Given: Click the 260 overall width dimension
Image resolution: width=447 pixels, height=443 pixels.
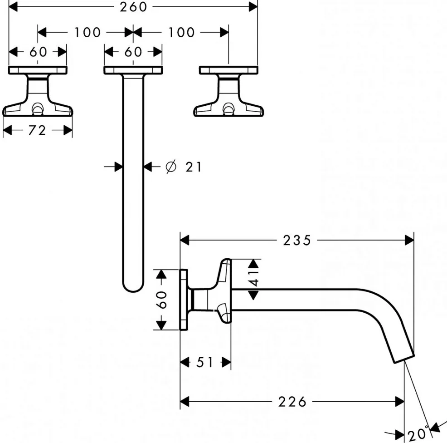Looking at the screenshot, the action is tap(133, 7).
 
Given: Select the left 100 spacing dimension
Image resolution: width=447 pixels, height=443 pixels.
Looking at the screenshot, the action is tap(87, 32).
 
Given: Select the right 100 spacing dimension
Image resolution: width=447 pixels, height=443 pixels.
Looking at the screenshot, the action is tap(182, 32).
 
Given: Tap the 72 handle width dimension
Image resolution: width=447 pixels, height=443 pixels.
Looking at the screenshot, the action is tap(37, 130).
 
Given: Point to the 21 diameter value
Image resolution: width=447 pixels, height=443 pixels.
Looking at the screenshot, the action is tap(194, 167).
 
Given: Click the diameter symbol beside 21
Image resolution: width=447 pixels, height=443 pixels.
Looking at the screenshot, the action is tap(171, 167).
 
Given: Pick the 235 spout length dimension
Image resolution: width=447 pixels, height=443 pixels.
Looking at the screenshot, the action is tap(297, 241).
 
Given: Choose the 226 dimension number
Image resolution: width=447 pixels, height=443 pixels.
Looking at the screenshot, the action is tap(292, 402).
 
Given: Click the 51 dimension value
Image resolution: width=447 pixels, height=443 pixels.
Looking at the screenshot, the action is tap(204, 363).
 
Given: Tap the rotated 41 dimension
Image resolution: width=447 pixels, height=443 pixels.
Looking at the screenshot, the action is tap(253, 279).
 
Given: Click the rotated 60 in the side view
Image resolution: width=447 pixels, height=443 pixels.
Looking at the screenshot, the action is tap(162, 300).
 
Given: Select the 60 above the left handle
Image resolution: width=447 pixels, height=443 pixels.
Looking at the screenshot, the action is tap(38, 52).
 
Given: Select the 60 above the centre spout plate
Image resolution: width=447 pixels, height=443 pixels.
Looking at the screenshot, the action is tap(133, 52).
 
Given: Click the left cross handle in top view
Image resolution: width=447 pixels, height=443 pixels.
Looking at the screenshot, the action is tap(38, 91).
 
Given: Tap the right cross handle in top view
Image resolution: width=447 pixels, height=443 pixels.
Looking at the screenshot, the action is tap(228, 91).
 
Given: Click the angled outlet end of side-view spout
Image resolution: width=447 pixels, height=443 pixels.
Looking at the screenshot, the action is tap(404, 359).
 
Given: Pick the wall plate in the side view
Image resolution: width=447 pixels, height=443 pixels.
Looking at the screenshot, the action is tap(184, 300).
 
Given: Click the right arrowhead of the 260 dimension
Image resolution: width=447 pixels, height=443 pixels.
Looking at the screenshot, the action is tap(253, 7).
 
